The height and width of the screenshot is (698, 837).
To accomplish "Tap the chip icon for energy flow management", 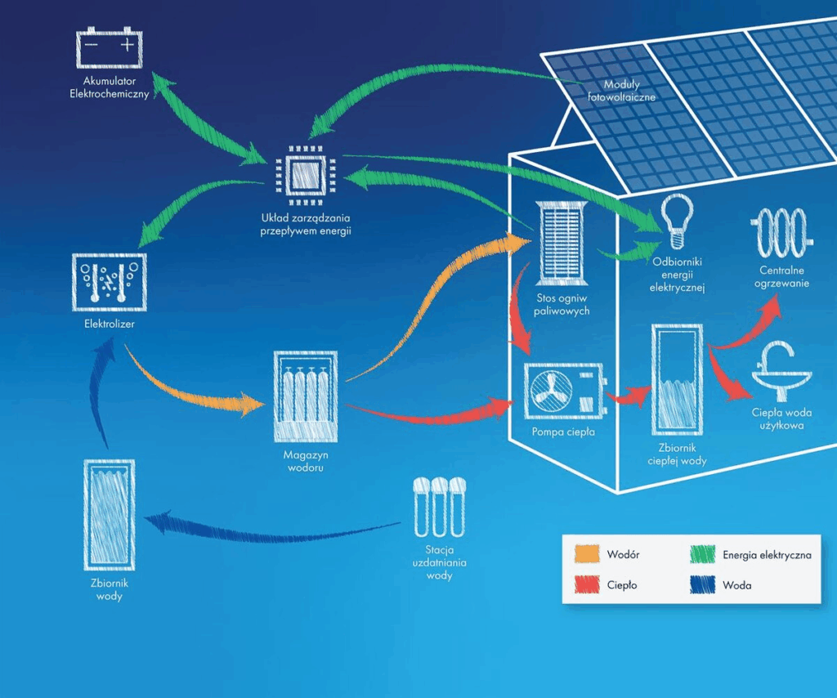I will click(305, 174).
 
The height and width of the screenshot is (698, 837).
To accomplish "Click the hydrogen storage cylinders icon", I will click(305, 396).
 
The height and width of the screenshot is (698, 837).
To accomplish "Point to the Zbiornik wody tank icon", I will click(109, 515).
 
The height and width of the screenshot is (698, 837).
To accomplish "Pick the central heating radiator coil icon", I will click(782, 233).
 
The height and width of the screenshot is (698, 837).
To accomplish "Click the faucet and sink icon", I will click(781, 369).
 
